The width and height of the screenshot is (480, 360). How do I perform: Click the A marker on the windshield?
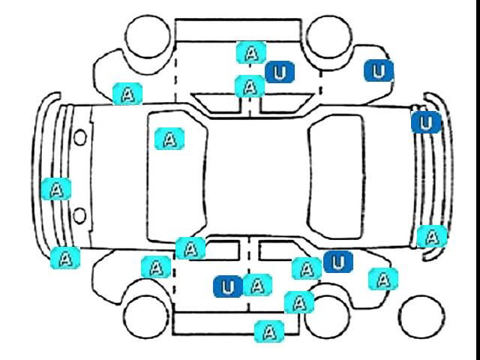(x=169, y=139)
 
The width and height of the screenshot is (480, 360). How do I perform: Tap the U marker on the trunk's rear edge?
(x=426, y=122)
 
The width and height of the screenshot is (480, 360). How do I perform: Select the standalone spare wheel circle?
(x=421, y=316)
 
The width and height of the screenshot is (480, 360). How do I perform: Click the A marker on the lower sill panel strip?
(x=269, y=331)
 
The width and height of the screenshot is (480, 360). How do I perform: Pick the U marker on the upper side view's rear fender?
(x=379, y=70)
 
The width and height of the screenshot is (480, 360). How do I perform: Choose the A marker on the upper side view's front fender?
(x=127, y=94)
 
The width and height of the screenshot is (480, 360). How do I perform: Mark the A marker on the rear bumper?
(x=432, y=236)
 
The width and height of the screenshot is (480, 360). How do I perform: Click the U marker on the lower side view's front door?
(x=228, y=286)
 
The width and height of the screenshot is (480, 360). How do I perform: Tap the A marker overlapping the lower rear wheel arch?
(x=299, y=302)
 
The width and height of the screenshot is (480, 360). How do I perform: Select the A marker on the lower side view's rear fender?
(x=383, y=279)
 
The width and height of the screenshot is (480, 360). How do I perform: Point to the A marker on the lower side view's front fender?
(x=156, y=267)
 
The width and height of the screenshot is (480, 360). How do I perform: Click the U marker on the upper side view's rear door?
(x=280, y=72)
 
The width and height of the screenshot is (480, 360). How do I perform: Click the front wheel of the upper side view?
(x=148, y=36)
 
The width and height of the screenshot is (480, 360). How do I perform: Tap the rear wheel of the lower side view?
(x=327, y=316)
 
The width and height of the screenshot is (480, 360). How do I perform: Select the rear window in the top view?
(x=336, y=177)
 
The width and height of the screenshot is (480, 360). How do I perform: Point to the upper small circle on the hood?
(x=80, y=137)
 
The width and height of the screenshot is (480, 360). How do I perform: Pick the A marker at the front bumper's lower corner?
(x=65, y=258)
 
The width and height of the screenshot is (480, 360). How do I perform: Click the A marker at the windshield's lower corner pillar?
(x=190, y=248)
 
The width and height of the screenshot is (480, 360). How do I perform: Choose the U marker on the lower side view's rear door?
(x=338, y=262)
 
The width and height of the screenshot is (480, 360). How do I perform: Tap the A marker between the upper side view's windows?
(x=250, y=86)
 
